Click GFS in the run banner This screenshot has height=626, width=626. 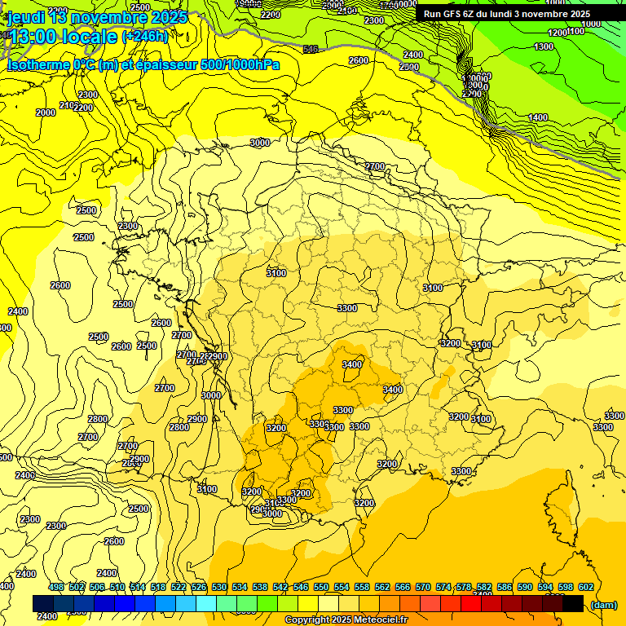[x=456, y=14]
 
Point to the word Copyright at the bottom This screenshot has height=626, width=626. [x=306, y=620]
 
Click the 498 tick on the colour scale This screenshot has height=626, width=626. [x=56, y=586]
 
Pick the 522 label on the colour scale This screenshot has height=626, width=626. [x=179, y=586]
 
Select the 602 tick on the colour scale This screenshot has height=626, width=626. [x=586, y=586]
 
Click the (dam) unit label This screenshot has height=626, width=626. [x=604, y=604]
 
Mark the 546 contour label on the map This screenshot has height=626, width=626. [x=311, y=50]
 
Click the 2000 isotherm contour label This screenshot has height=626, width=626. [x=46, y=112]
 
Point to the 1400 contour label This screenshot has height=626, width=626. [x=538, y=117]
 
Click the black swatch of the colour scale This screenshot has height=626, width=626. [x=573, y=603]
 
